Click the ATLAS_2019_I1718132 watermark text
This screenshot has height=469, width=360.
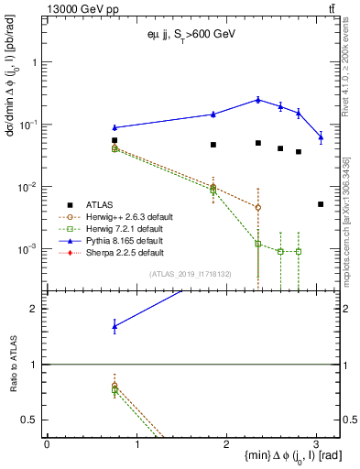[190, 273]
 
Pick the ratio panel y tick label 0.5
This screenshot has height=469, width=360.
[32, 420]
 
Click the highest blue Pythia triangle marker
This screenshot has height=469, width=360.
[258, 99]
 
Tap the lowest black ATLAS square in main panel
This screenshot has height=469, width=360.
[321, 204]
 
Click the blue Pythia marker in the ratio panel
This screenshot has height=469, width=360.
[115, 325]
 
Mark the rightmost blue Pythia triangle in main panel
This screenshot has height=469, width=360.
[321, 136]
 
